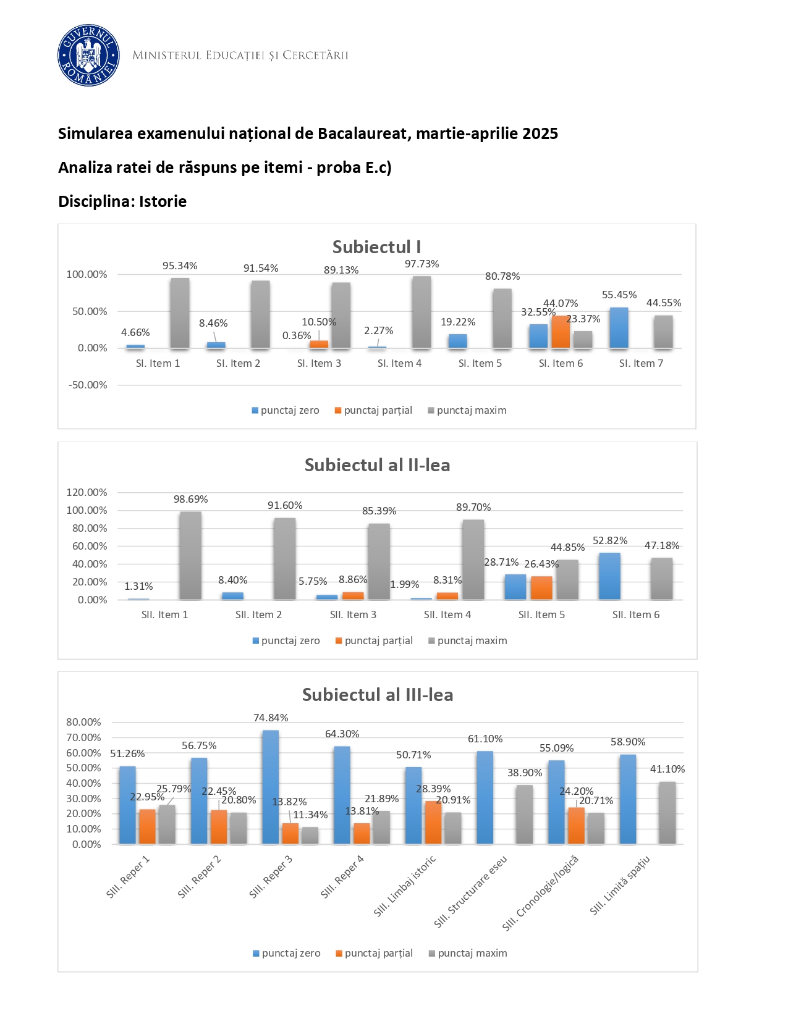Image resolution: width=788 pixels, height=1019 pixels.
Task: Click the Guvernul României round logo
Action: (x=88, y=56)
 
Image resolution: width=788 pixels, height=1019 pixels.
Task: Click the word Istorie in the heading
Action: (x=163, y=201)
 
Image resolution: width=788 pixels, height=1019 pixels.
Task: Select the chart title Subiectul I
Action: (x=376, y=247)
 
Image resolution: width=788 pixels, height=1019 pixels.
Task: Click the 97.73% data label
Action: (x=422, y=264)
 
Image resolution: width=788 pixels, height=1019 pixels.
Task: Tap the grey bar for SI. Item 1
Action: (x=180, y=313)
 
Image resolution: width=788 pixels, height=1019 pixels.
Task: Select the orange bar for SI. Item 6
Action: (x=561, y=332)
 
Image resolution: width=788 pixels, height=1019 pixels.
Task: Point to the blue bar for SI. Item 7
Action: (x=619, y=328)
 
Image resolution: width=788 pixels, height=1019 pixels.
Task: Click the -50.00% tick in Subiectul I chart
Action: (x=87, y=385)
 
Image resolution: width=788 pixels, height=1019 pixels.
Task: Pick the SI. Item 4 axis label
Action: (x=399, y=363)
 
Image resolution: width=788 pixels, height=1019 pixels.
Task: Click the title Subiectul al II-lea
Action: (x=377, y=465)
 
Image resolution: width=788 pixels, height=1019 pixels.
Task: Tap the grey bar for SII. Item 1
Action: (x=190, y=555)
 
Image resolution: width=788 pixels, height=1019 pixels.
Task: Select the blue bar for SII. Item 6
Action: (x=609, y=576)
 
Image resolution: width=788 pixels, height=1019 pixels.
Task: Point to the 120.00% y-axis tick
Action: (x=87, y=492)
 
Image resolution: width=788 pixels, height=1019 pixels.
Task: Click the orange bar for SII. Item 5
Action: (x=541, y=588)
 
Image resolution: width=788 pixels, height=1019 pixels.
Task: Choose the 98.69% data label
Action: (x=190, y=499)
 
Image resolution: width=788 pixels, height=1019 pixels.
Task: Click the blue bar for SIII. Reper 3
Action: (x=270, y=787)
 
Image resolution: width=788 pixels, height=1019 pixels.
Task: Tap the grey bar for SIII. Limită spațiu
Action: (x=667, y=813)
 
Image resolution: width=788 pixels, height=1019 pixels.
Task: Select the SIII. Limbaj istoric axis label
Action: (x=405, y=886)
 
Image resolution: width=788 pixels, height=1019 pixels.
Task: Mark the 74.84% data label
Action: (x=271, y=718)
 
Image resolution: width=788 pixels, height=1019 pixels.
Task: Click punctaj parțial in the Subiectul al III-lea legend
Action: (x=378, y=953)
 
